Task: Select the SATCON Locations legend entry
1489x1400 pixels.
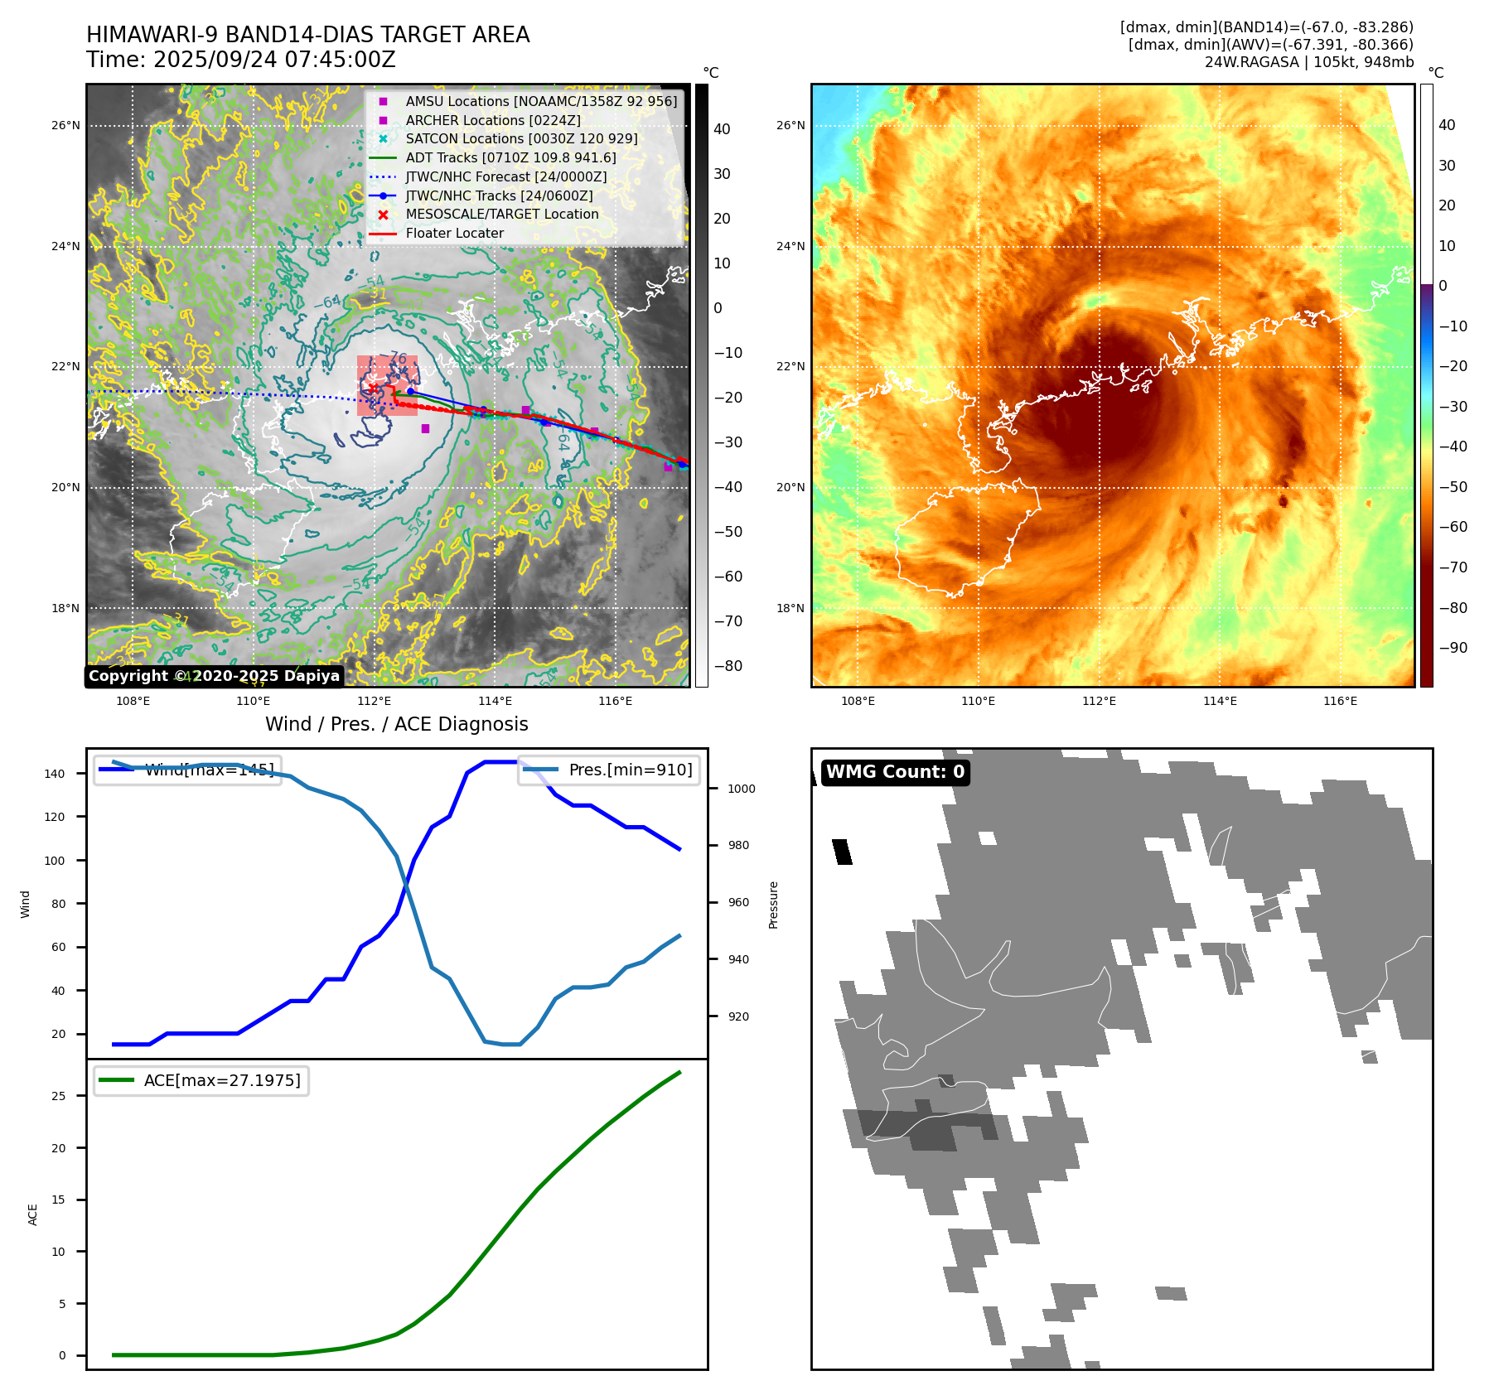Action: click(521, 139)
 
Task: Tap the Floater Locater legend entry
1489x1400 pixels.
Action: click(454, 234)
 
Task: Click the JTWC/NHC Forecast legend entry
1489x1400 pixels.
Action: click(505, 177)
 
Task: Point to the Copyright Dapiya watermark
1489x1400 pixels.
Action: click(214, 676)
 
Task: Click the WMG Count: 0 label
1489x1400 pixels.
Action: click(895, 772)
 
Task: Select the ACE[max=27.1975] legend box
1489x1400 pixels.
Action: click(201, 1080)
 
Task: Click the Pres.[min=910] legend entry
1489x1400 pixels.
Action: click(609, 770)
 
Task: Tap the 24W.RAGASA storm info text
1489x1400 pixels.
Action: click(1308, 62)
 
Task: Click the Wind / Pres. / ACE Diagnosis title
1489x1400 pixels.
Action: click(396, 724)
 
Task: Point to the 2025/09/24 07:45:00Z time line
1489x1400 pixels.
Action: click(241, 60)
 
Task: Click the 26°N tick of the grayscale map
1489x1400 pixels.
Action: click(66, 126)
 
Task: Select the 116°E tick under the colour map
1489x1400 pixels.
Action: click(1340, 701)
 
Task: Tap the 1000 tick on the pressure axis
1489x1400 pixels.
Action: click(741, 789)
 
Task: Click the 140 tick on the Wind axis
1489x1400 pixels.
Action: click(55, 774)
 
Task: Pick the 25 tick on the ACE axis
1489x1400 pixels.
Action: click(58, 1096)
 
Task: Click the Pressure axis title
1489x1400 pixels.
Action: click(773, 905)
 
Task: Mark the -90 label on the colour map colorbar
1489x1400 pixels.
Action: click(1453, 648)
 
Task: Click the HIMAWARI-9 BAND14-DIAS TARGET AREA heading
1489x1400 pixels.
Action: click(307, 35)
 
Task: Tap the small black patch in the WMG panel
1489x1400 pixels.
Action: click(842, 852)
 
